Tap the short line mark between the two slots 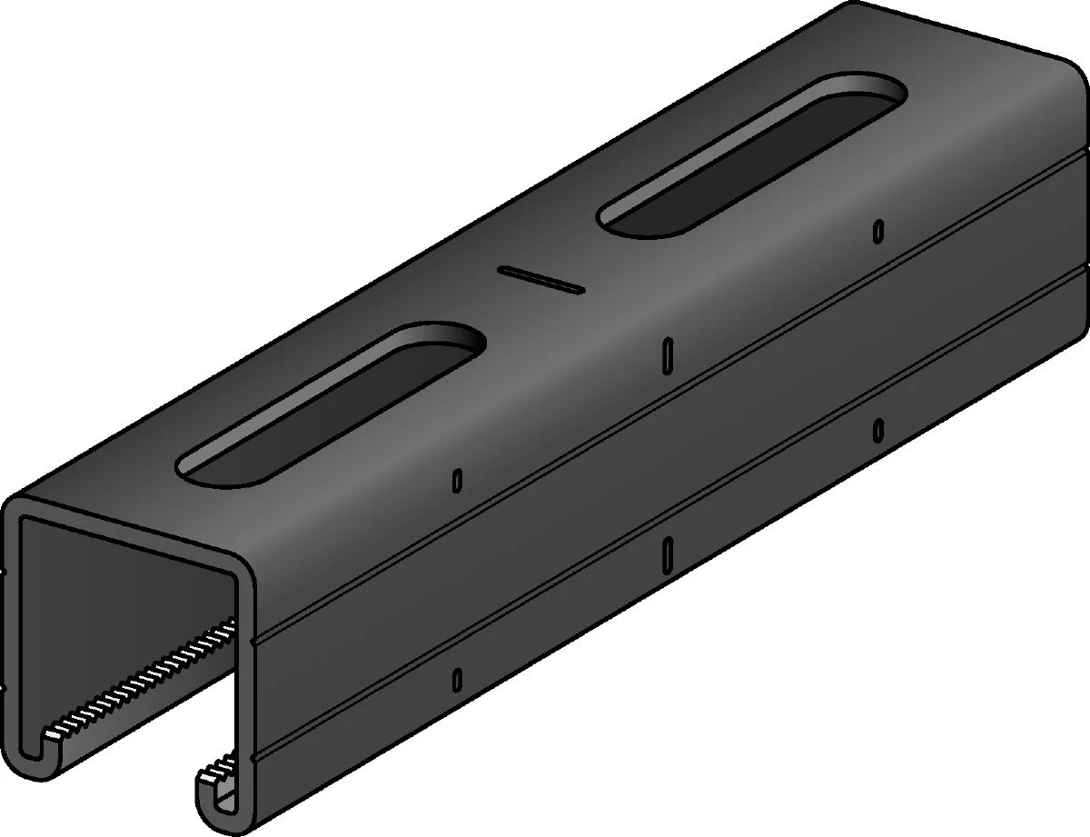[x=540, y=279]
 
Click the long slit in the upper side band [x=668, y=354]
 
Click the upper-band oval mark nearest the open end [x=457, y=480]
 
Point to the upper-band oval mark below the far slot [x=878, y=231]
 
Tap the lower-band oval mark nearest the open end [x=457, y=678]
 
